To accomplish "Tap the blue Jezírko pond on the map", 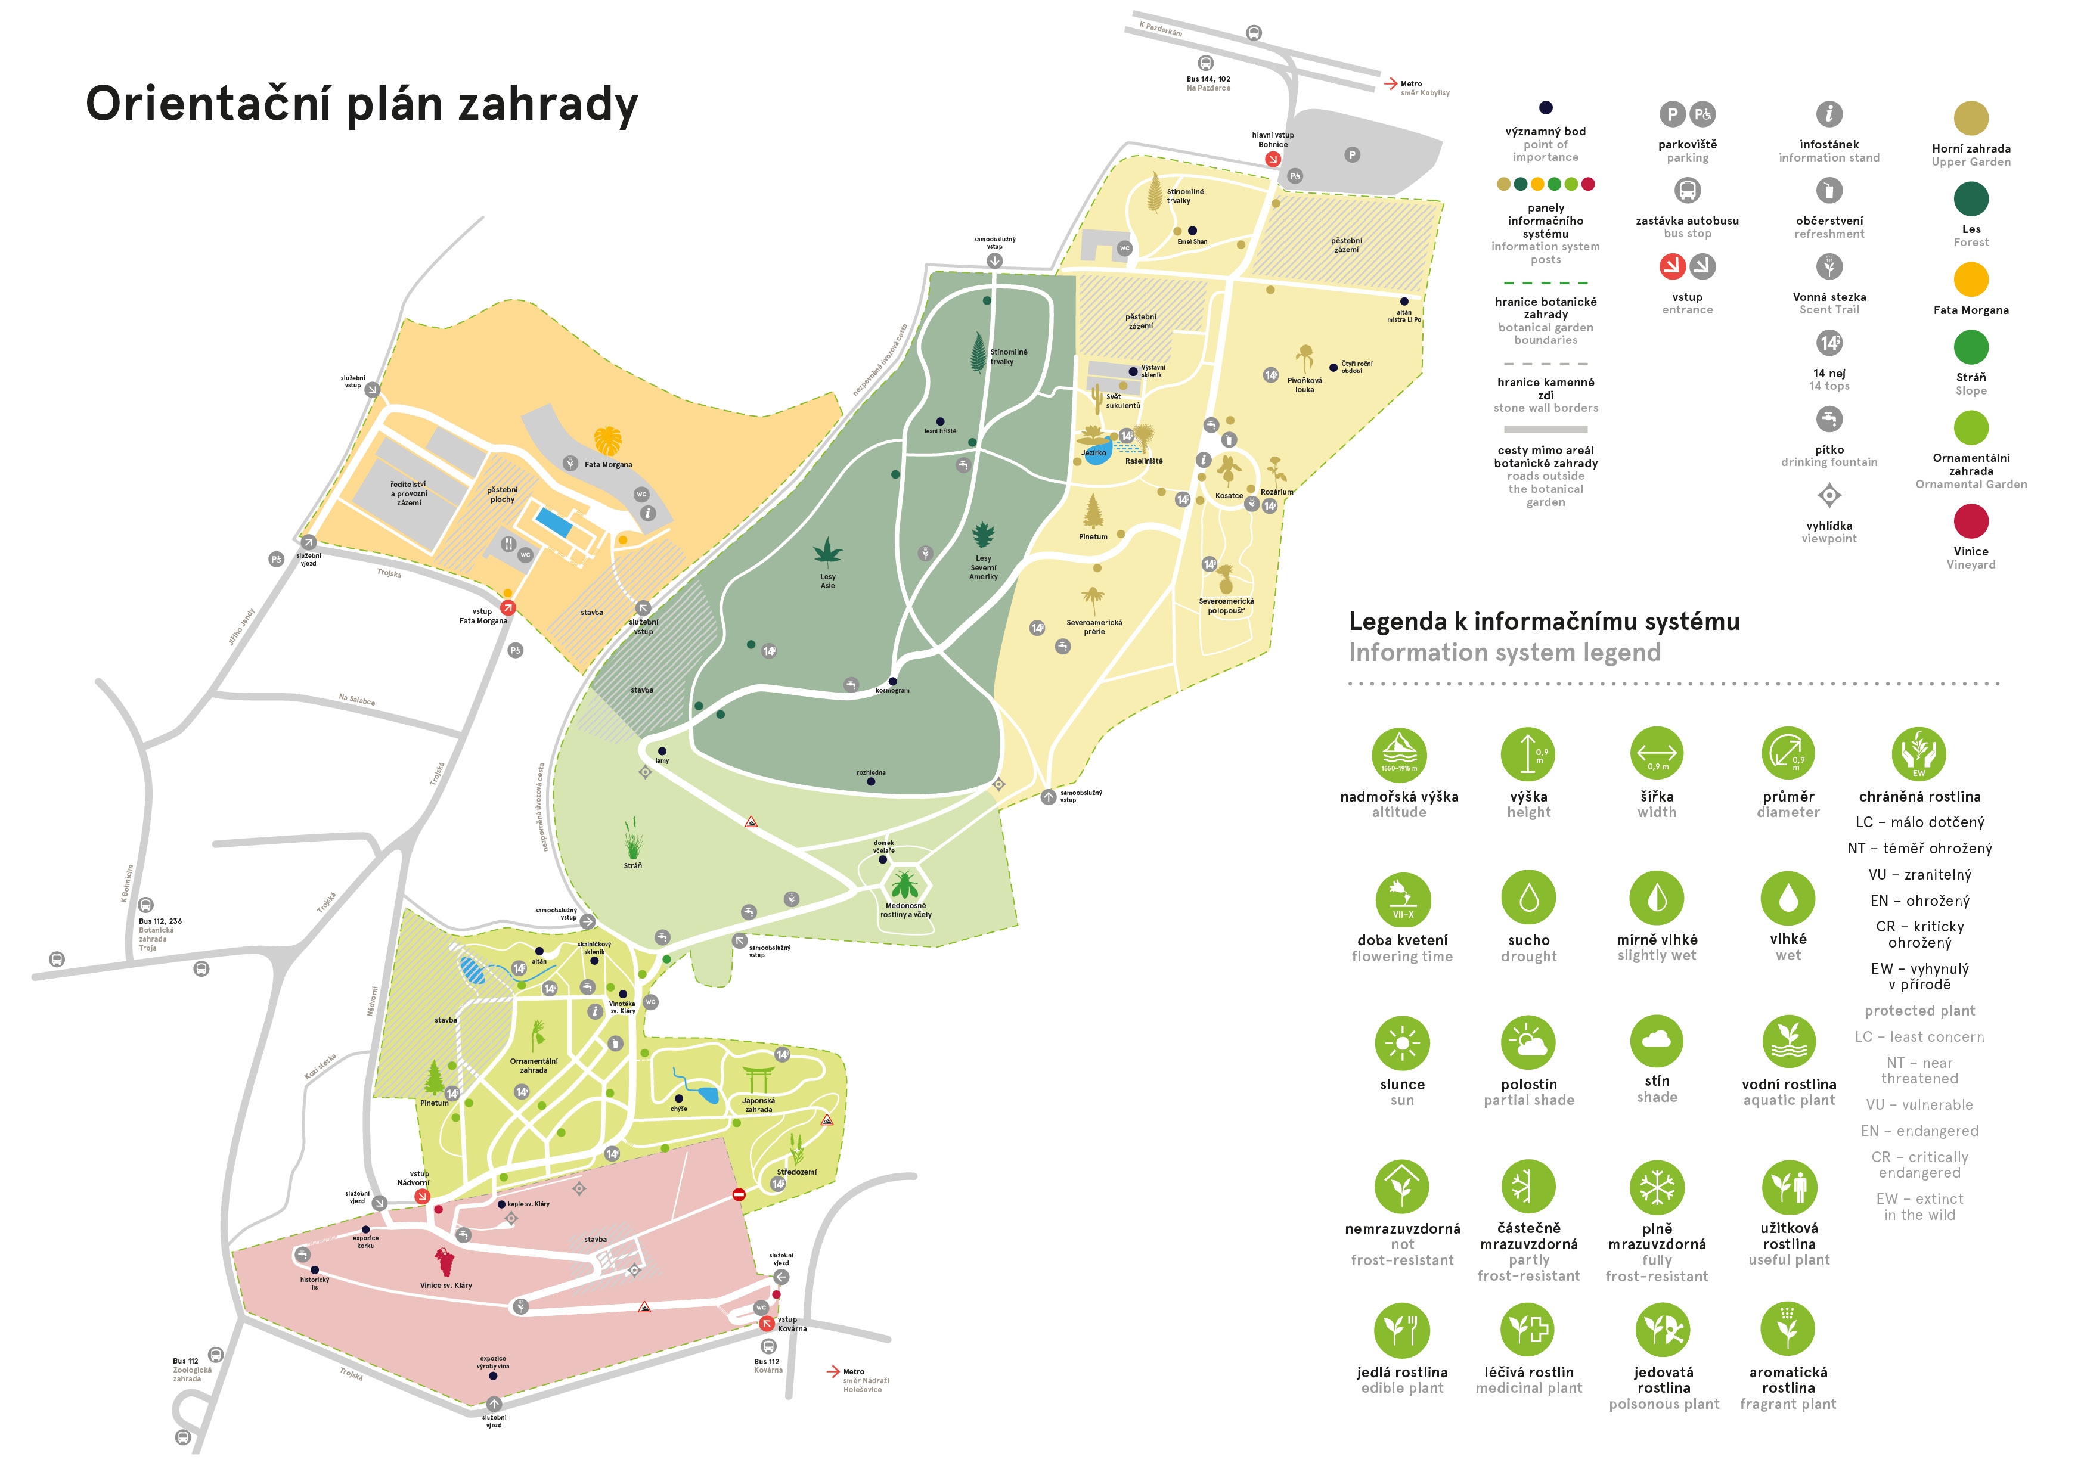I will (x=1097, y=453).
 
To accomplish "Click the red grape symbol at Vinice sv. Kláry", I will (x=444, y=1262).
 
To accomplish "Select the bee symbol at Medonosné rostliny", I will (x=904, y=884).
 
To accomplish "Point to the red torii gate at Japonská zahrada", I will (x=758, y=1079).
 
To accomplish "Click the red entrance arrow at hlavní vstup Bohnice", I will (x=1272, y=159).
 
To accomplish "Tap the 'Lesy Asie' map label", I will (x=827, y=580).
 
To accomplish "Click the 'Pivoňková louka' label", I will (x=1304, y=385).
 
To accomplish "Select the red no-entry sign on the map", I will (x=739, y=1194).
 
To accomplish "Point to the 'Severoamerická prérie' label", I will (x=1094, y=627).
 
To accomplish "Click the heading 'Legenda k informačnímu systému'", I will (x=1543, y=622).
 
